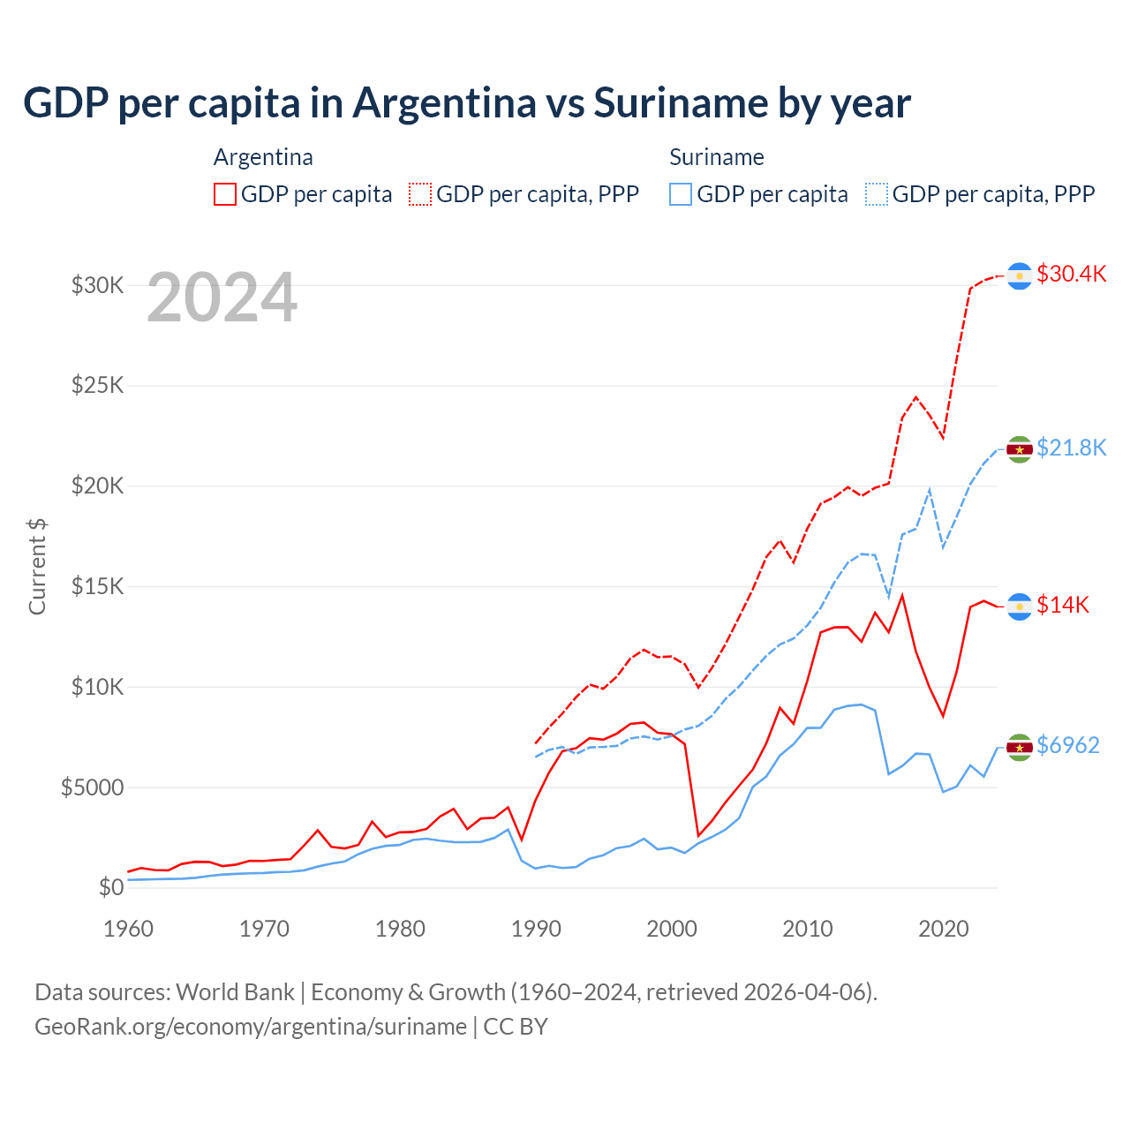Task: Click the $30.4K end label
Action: [1071, 274]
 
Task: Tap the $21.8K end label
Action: [1071, 448]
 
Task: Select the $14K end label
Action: [1062, 605]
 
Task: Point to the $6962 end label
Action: [1067, 745]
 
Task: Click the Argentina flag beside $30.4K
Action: [1020, 276]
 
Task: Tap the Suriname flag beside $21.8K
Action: [1020, 449]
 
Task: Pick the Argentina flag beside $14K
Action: [1020, 606]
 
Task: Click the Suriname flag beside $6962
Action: [1020, 748]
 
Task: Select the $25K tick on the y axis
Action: [97, 386]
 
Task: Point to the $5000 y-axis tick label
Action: [92, 787]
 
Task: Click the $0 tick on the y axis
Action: [110, 887]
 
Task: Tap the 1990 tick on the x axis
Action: [536, 929]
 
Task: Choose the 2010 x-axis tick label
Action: [808, 929]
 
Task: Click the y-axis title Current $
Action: [37, 567]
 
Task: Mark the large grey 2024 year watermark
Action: [222, 298]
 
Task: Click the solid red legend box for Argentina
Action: [225, 194]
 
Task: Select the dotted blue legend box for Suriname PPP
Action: [877, 194]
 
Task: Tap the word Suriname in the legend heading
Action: [716, 157]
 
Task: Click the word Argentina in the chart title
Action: [444, 102]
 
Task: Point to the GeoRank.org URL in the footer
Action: [251, 1027]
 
